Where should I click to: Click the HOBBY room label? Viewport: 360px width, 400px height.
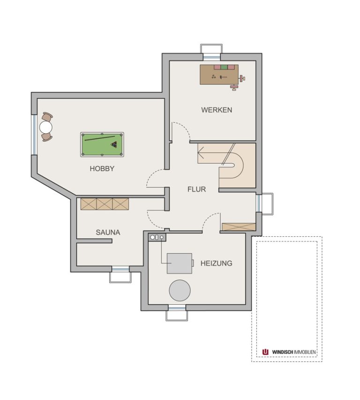(x=102, y=169)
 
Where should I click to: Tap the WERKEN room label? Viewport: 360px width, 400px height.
(x=217, y=110)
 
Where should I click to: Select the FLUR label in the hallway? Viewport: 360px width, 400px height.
(x=196, y=189)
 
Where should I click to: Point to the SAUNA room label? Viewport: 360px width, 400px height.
(x=108, y=233)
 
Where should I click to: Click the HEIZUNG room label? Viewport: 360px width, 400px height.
(x=216, y=263)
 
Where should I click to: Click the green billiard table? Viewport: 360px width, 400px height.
(x=102, y=144)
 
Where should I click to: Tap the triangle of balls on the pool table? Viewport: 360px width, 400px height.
(x=114, y=144)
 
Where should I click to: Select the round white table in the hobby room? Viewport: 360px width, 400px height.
(x=46, y=127)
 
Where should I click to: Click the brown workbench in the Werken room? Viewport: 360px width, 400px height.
(x=219, y=75)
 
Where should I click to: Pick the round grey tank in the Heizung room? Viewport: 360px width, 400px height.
(x=180, y=291)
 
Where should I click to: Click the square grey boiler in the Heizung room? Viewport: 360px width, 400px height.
(x=180, y=263)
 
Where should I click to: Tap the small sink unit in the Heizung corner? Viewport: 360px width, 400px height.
(x=157, y=237)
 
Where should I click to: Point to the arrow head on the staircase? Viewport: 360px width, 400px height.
(x=200, y=153)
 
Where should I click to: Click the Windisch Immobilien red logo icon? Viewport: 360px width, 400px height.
(x=265, y=352)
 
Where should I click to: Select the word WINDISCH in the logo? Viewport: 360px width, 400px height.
(x=283, y=352)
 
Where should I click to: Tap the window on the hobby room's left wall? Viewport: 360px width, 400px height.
(x=34, y=135)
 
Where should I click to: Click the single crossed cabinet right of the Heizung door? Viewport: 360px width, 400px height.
(x=239, y=227)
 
